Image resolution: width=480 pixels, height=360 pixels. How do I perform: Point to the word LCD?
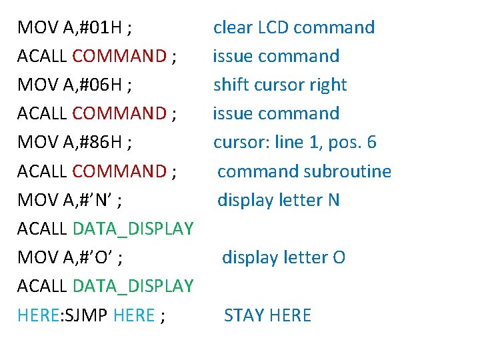[271, 28]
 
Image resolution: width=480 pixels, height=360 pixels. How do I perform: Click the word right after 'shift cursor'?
[327, 85]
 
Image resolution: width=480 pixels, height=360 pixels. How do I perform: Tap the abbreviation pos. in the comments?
[342, 143]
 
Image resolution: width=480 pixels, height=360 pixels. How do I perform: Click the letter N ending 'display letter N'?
[333, 200]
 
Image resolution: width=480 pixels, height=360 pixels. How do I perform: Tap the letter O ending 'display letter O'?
[339, 257]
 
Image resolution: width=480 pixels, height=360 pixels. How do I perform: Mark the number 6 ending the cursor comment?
[371, 143]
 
